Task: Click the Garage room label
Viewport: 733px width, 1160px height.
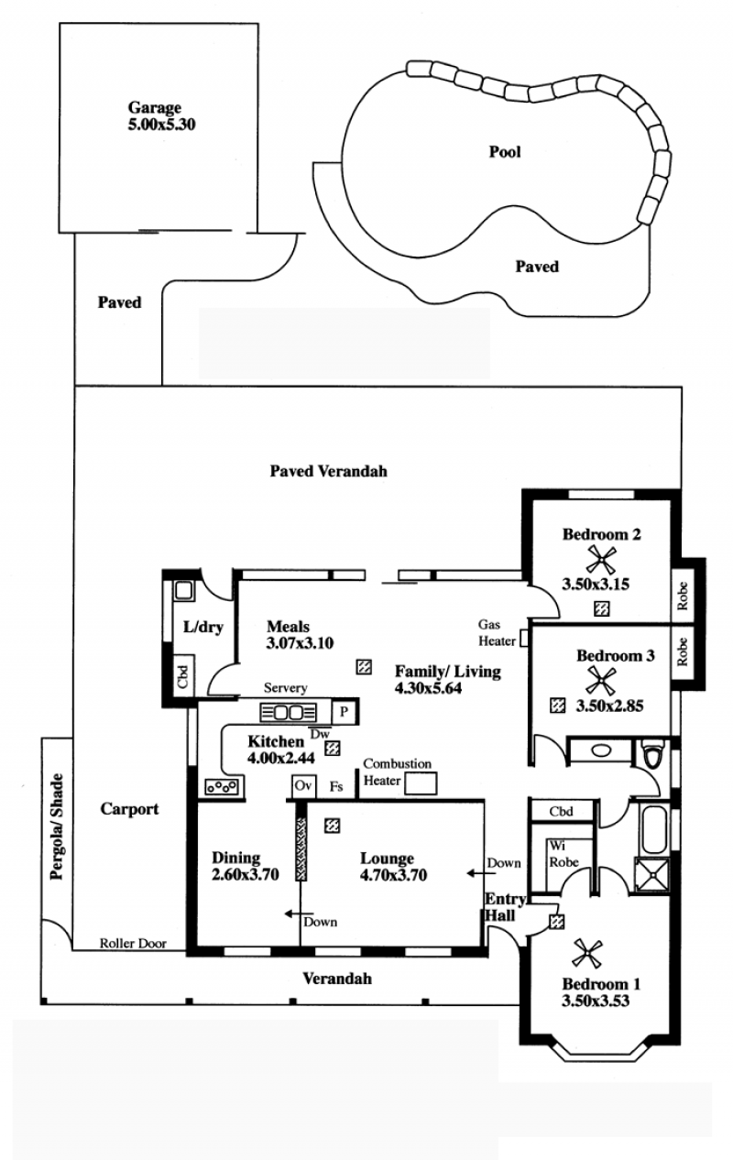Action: (x=154, y=107)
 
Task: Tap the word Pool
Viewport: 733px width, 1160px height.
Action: (x=505, y=152)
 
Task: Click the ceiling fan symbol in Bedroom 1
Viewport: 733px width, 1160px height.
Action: (x=587, y=954)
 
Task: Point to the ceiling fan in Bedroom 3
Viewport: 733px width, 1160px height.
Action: (x=601, y=681)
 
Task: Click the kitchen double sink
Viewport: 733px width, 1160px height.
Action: (x=288, y=713)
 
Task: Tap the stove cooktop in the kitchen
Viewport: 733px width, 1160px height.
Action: (x=223, y=787)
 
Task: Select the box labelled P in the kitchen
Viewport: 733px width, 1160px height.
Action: (x=344, y=712)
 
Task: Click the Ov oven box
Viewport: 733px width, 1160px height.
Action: (x=303, y=786)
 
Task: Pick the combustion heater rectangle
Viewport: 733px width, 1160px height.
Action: (x=421, y=783)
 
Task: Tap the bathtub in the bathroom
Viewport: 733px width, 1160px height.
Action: (x=654, y=829)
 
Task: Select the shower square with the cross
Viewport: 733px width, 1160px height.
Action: (x=652, y=875)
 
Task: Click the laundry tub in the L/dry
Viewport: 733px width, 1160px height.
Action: (x=183, y=590)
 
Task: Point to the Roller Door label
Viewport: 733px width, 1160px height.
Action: (x=133, y=944)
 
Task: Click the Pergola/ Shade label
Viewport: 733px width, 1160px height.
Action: (x=57, y=827)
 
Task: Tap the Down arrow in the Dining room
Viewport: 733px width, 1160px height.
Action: (x=299, y=914)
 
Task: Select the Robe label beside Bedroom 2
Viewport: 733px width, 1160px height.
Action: (x=683, y=596)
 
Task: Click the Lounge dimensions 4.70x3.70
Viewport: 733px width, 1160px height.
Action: (x=393, y=875)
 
